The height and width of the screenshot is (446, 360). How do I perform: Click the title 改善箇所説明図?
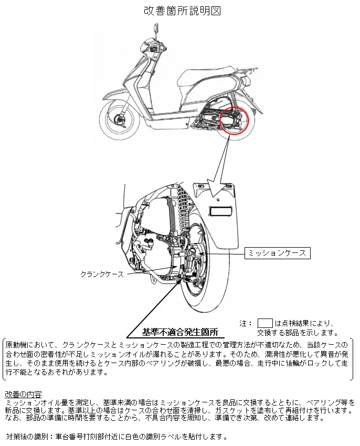pyautogui.click(x=182, y=10)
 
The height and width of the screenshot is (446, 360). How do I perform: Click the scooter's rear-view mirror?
pyautogui.click(x=156, y=28)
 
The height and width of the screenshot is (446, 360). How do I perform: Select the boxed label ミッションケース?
pyautogui.click(x=277, y=253)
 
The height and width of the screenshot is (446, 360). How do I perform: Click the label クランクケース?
pyautogui.click(x=102, y=274)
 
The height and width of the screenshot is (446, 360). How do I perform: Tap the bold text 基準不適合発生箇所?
pyautogui.click(x=180, y=332)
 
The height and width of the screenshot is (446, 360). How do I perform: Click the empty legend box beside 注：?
pyautogui.click(x=265, y=323)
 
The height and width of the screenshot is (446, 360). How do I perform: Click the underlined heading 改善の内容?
pyautogui.click(x=23, y=395)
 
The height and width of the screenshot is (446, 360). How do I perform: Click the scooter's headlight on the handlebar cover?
pyautogui.click(x=153, y=48)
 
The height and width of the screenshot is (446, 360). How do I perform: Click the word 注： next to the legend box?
pyautogui.click(x=246, y=323)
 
